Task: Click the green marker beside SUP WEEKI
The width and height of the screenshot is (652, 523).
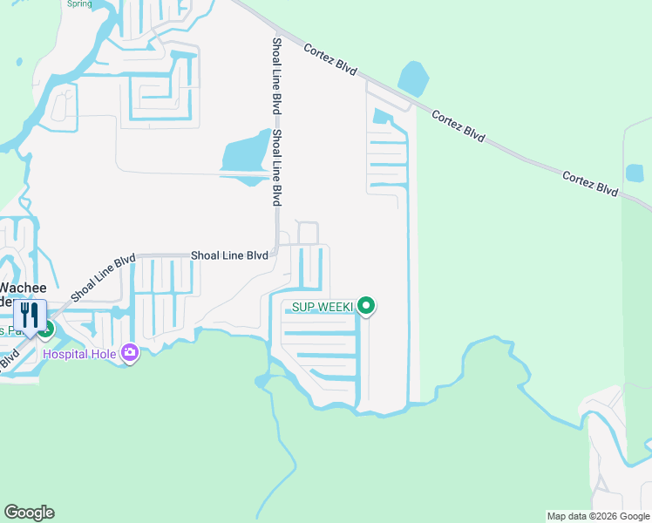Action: click(x=367, y=306)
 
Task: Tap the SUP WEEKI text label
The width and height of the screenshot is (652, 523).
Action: click(x=316, y=307)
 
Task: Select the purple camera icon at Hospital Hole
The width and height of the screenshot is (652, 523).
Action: click(x=130, y=352)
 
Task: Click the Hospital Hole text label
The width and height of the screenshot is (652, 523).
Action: click(x=80, y=354)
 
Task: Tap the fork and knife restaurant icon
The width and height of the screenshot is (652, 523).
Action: click(x=30, y=315)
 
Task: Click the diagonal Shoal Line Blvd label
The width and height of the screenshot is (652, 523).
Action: click(x=103, y=278)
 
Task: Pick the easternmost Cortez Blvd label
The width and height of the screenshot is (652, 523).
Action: click(x=590, y=184)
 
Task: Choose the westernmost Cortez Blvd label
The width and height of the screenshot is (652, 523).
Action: click(x=330, y=60)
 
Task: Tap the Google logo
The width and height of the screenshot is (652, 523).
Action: click(x=29, y=513)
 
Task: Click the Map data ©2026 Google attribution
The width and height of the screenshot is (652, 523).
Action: click(x=598, y=516)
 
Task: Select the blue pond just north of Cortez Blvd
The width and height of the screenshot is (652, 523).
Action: click(x=413, y=79)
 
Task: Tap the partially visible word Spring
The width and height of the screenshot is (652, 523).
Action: click(x=79, y=3)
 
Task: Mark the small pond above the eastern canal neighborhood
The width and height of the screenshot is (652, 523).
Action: click(x=381, y=116)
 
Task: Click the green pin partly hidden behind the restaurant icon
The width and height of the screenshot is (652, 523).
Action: click(x=48, y=329)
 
